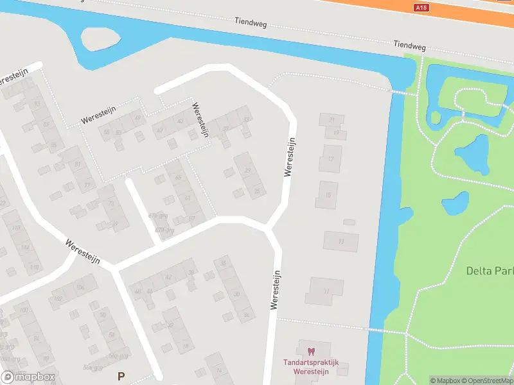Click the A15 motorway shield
pyautogui.click(x=421, y=8)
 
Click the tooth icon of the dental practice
pyautogui.click(x=312, y=352)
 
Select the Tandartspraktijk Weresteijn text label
pyautogui.click(x=311, y=366)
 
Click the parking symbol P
pyautogui.click(x=120, y=375)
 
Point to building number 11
pyautogui.click(x=326, y=291)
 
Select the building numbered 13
pyautogui.click(x=341, y=241)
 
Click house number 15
pyautogui.click(x=328, y=195)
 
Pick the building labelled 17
pyautogui.click(x=331, y=158)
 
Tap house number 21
pyautogui.click(x=332, y=120)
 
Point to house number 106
pyautogui.click(x=80, y=287)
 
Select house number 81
pyautogui.click(x=78, y=164)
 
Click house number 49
pyautogui.click(x=137, y=117)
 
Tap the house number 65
pyautogui.click(x=178, y=177)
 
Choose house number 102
pyautogui.click(x=58, y=298)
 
